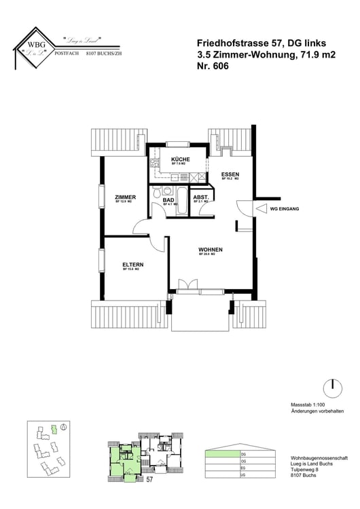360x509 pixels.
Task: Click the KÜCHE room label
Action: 180,159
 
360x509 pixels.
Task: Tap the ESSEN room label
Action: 230,175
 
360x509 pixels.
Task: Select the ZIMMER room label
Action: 125,197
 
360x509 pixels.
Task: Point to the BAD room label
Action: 168,200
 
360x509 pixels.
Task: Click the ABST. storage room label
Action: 202,198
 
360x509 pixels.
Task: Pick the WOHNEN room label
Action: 211,250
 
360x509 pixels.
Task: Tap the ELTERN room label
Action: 132,265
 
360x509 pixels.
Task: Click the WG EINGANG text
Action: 285,210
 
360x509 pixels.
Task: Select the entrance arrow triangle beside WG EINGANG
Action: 262,210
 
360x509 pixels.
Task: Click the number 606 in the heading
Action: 218,67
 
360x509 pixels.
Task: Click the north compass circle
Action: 333,388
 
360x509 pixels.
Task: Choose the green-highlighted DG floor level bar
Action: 224,454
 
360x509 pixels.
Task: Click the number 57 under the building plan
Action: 149,479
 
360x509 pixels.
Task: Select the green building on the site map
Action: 53,429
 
